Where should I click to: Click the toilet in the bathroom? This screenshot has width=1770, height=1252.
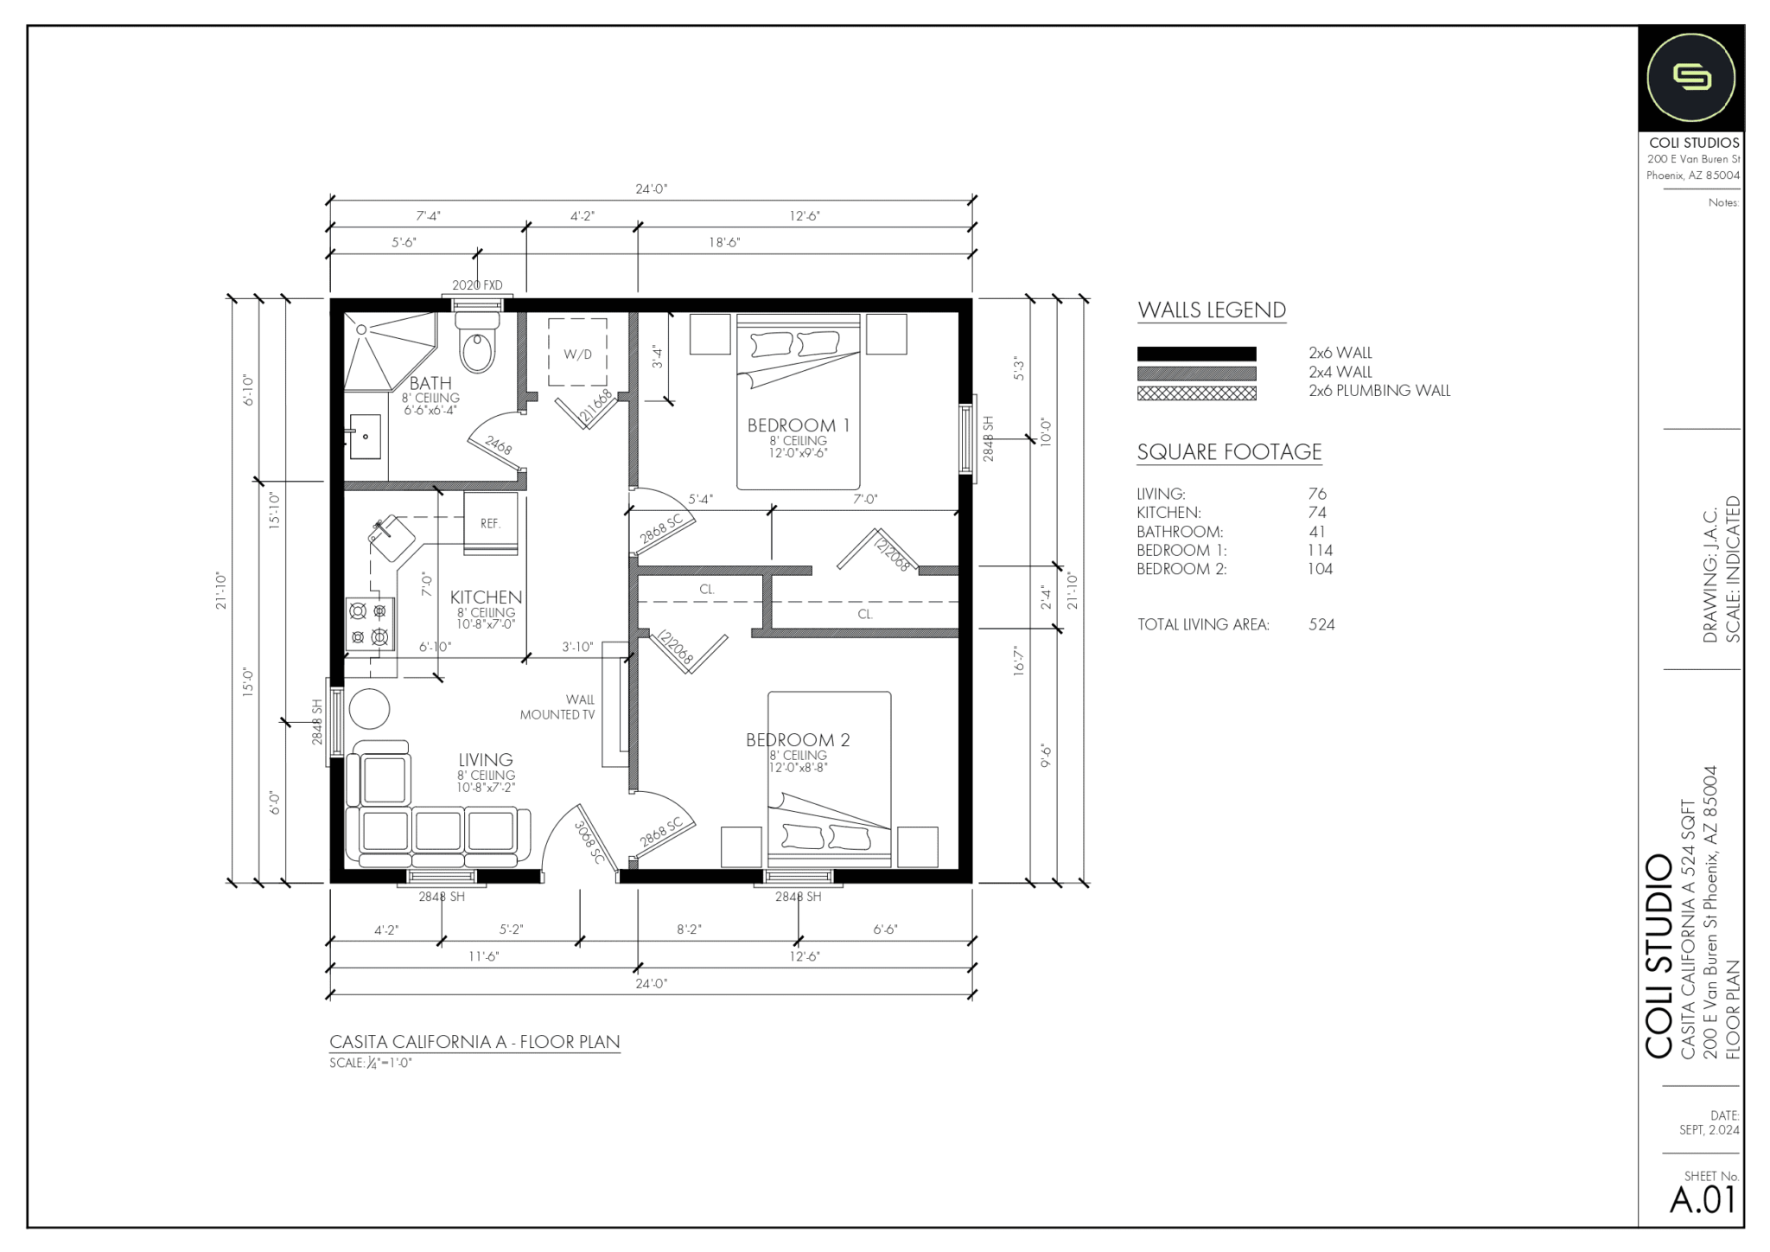pyautogui.click(x=477, y=344)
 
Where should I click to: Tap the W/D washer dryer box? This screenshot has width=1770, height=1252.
pyautogui.click(x=577, y=353)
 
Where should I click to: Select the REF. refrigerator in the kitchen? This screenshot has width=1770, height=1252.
pyautogui.click(x=491, y=523)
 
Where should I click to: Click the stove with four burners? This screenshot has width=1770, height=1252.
pyautogui.click(x=369, y=624)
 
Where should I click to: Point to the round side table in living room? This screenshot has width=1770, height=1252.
pyautogui.click(x=369, y=709)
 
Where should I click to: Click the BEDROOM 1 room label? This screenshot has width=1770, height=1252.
pyautogui.click(x=798, y=425)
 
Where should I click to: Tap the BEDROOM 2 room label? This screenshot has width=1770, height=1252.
pyautogui.click(x=798, y=740)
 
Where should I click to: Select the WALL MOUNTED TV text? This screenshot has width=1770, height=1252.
pyautogui.click(x=558, y=707)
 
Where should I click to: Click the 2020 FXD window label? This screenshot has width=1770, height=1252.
pyautogui.click(x=476, y=285)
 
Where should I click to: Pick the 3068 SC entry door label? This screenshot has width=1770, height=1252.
pyautogui.click(x=590, y=842)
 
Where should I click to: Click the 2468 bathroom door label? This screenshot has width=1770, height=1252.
pyautogui.click(x=499, y=445)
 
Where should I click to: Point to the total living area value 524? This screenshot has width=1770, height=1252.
pyautogui.click(x=1321, y=624)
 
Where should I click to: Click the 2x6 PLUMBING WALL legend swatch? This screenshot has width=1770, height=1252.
pyautogui.click(x=1196, y=393)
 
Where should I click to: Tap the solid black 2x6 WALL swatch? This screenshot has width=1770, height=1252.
pyautogui.click(x=1196, y=354)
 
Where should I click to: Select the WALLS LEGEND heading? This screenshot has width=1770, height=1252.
pyautogui.click(x=1211, y=310)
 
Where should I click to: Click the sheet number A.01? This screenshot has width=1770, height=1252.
pyautogui.click(x=1702, y=1200)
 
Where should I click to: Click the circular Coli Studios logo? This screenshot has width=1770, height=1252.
pyautogui.click(x=1690, y=78)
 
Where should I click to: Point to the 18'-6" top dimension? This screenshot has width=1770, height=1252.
pyautogui.click(x=724, y=243)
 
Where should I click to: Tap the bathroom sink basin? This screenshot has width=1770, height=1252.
pyautogui.click(x=366, y=437)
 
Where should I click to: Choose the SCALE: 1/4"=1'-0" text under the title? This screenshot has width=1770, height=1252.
pyautogui.click(x=371, y=1064)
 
